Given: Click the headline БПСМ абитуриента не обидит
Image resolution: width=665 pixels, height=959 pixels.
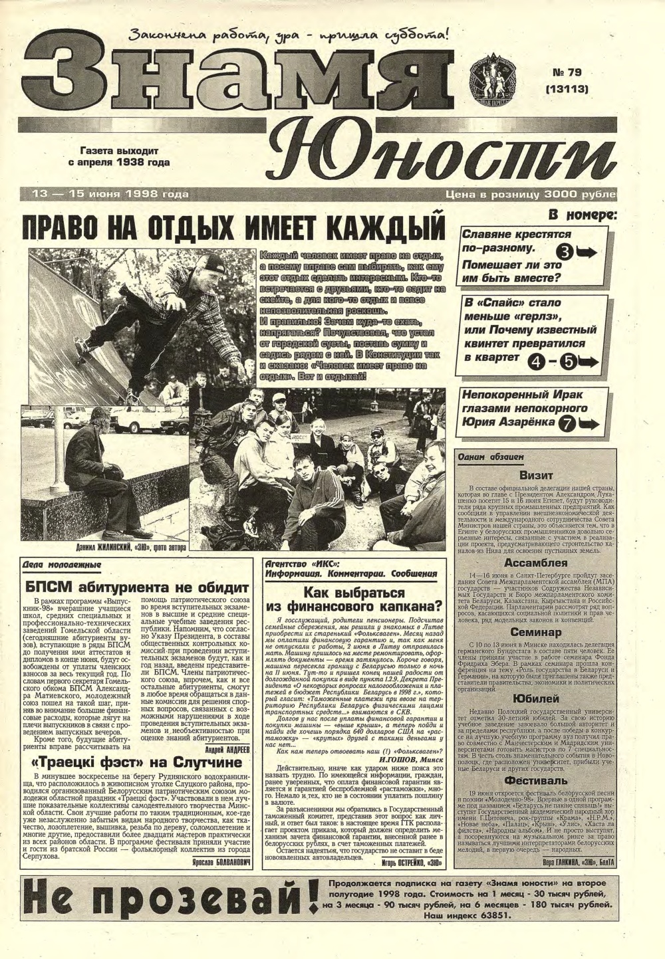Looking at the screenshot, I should click(138, 587).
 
